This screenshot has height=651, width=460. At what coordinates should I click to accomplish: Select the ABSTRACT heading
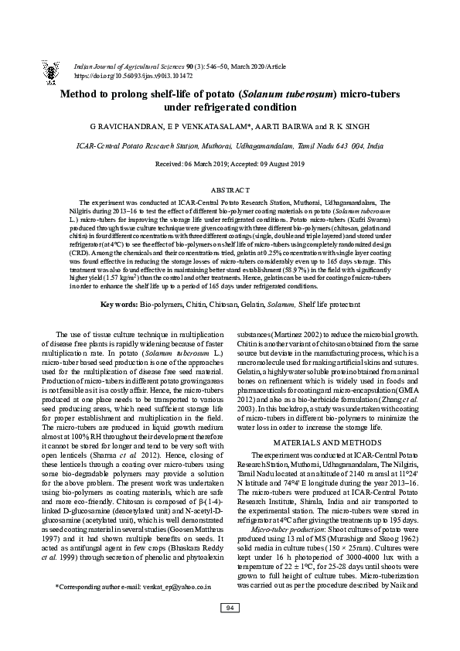pos(230,189)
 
